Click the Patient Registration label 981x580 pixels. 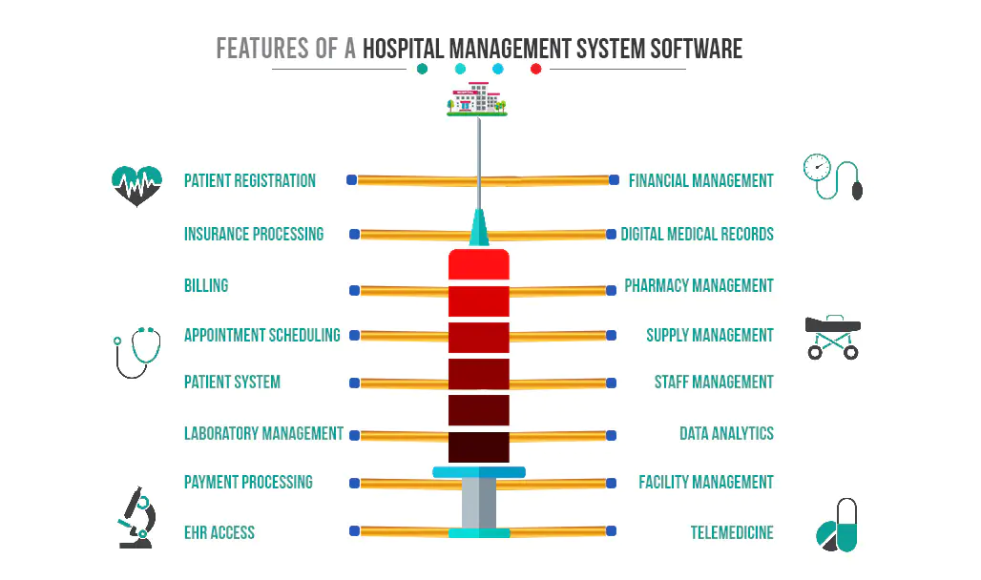(x=250, y=181)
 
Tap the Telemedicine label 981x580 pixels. (x=732, y=532)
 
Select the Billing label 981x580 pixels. (x=206, y=285)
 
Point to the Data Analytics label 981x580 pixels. (x=726, y=433)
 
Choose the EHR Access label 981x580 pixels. (x=219, y=532)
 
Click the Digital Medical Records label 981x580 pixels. (x=697, y=234)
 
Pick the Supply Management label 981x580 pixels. (x=710, y=336)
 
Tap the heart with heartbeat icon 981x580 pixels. (x=137, y=186)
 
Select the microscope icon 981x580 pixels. (x=137, y=517)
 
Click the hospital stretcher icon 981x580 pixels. (x=833, y=338)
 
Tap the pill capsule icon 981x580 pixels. (x=837, y=525)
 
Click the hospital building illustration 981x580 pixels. (x=477, y=99)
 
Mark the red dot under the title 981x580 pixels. (x=535, y=69)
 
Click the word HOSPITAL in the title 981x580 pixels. (x=403, y=49)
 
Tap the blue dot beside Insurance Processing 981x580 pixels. (x=355, y=234)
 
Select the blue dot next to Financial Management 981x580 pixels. (x=615, y=180)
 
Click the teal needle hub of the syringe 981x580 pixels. (x=479, y=228)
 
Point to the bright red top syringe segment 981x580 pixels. (x=479, y=264)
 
